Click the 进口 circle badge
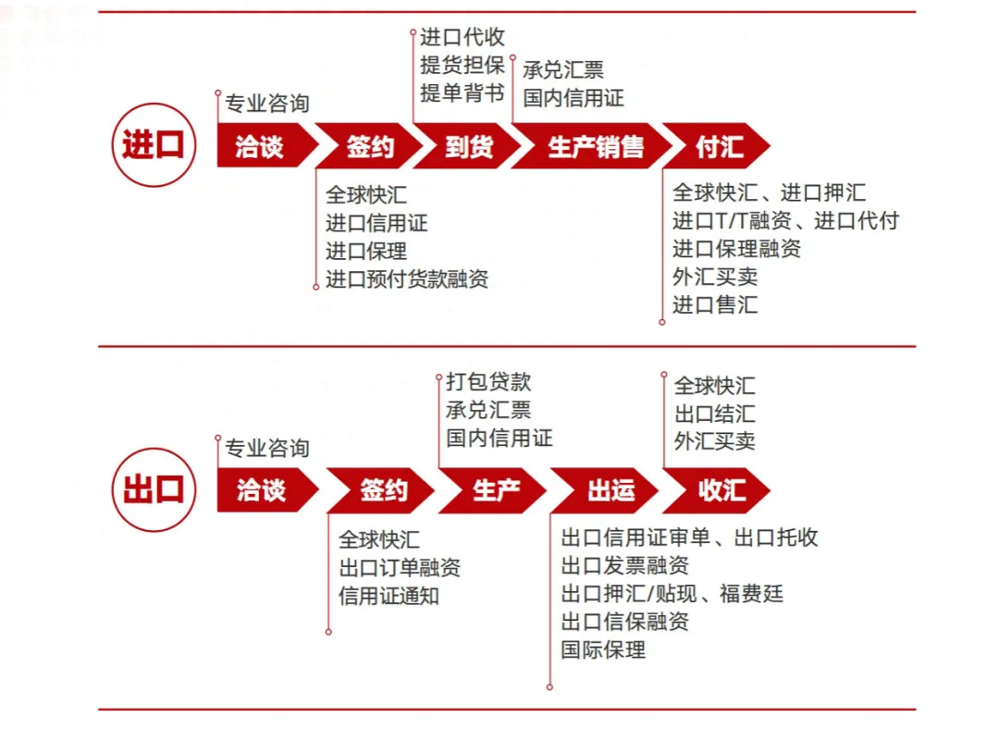(x=154, y=145)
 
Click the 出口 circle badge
(x=154, y=490)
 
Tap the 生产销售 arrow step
(x=592, y=146)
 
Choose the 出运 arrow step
(x=606, y=490)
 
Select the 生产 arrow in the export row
(x=494, y=490)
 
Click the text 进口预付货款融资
(x=407, y=278)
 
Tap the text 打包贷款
(x=488, y=381)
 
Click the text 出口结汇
(x=714, y=414)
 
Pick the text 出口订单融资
(x=400, y=567)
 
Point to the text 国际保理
(x=603, y=649)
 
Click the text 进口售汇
(x=715, y=304)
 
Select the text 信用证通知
(x=388, y=596)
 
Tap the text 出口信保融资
(x=625, y=621)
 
